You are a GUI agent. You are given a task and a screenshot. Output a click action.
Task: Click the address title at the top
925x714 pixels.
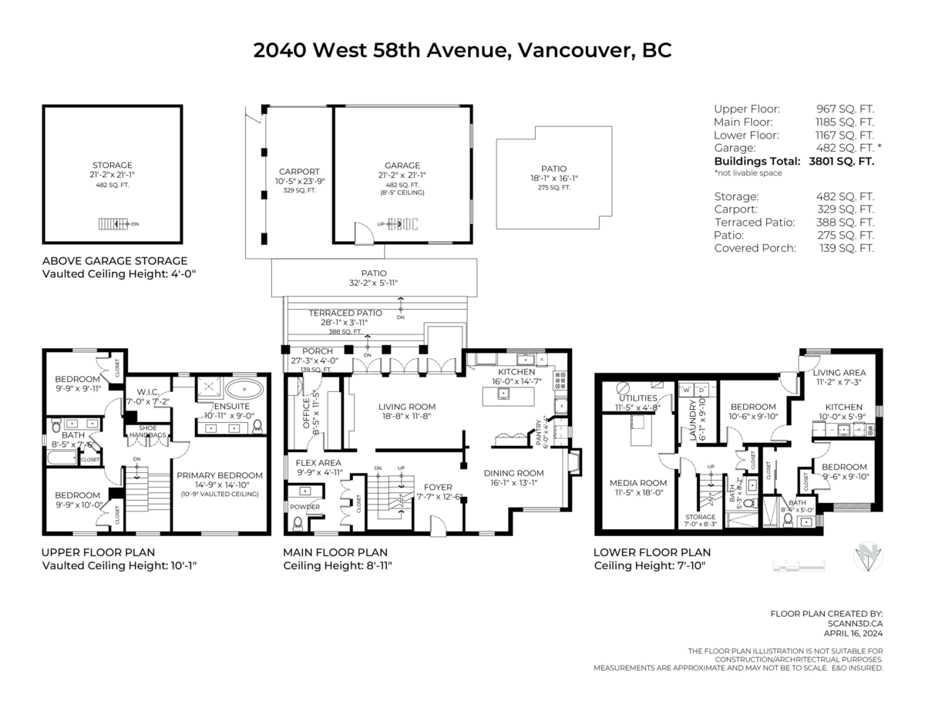point(462,51)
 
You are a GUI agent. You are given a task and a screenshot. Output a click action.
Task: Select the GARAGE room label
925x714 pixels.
point(402,166)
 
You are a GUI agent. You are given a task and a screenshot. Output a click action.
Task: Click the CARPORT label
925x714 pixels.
point(299,172)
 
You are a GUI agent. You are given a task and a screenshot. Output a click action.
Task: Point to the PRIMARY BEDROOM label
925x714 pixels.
point(219,475)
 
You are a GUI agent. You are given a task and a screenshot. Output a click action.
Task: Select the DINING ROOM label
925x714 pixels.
point(513,473)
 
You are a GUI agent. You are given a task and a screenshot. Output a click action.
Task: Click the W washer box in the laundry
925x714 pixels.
point(687,391)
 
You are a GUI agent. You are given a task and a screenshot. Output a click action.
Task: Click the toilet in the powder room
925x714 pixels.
point(298,523)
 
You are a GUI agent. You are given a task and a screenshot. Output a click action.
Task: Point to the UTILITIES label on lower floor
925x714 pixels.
point(637,398)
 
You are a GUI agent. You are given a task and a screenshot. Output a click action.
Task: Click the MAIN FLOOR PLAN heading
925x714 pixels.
point(335,552)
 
